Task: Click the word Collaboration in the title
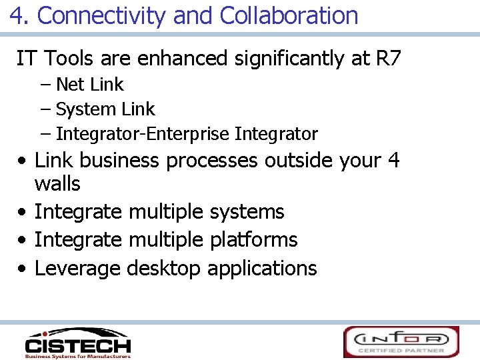[x=288, y=15]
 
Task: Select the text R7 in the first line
[x=389, y=59]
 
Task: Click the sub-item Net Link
[x=90, y=85]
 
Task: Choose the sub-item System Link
[x=105, y=109]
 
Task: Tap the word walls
[x=57, y=184]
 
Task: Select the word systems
[x=247, y=212]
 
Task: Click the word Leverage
[x=77, y=269]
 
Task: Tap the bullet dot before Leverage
[x=23, y=269]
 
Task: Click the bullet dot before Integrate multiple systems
[x=23, y=213]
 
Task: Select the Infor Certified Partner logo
[x=401, y=341]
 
